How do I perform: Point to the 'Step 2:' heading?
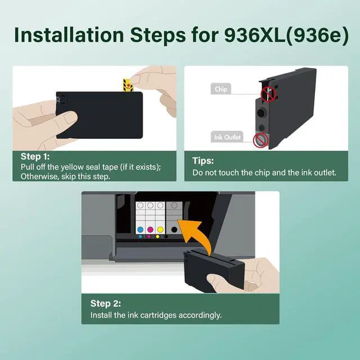108,303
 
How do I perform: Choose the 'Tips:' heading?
203,161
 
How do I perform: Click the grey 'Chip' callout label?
220,89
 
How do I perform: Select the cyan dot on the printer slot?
141,229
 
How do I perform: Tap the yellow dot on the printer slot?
161,229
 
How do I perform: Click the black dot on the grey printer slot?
174,229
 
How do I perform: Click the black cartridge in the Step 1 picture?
98,115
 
